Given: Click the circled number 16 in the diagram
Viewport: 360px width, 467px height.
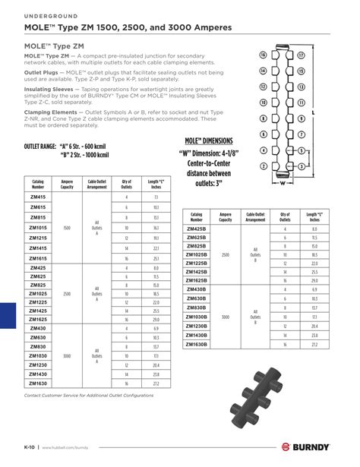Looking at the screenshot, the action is (263, 55).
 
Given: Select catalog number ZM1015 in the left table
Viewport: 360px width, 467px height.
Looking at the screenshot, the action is (38, 228).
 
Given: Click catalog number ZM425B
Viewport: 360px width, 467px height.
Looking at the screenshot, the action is (197, 229).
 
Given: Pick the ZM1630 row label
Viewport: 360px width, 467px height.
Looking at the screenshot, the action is (38, 384).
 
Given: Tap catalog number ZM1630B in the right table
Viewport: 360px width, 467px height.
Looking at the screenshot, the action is (197, 344).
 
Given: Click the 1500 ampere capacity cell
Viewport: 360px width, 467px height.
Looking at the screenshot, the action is (66, 228).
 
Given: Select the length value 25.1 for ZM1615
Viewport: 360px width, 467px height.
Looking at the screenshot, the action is (155, 259).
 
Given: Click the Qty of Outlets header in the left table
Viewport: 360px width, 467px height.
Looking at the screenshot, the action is (126, 184).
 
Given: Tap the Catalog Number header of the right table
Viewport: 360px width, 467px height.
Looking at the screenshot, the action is (197, 216).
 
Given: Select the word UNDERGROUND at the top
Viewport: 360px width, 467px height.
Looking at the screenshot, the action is (48, 16).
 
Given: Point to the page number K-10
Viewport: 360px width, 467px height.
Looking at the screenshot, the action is (31, 448).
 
